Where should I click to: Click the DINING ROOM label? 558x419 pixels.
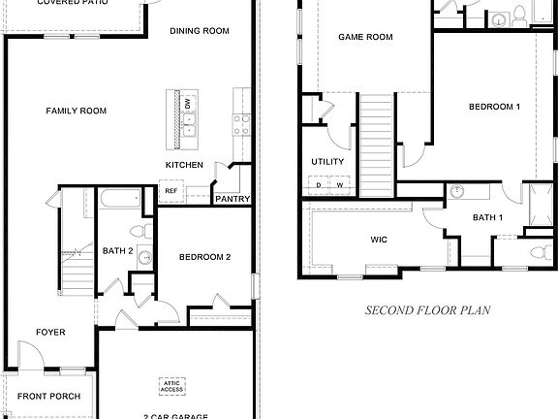(x=199, y=31)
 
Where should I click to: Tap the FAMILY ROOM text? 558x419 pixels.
(x=76, y=111)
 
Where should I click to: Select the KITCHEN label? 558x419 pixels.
(x=184, y=166)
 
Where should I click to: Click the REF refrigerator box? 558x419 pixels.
(x=170, y=191)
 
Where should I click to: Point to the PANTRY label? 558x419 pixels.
(x=232, y=200)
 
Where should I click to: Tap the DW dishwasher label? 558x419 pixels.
(x=188, y=103)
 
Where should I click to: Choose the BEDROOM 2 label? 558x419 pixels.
(x=204, y=257)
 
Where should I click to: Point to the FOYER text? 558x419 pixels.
(x=50, y=333)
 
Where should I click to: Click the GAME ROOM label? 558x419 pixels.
(x=365, y=37)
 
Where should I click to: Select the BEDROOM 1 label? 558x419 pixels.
(x=495, y=106)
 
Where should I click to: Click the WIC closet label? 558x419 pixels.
(x=379, y=237)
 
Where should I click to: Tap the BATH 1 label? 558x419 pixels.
(x=487, y=217)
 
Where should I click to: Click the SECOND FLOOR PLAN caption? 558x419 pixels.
(x=426, y=311)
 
